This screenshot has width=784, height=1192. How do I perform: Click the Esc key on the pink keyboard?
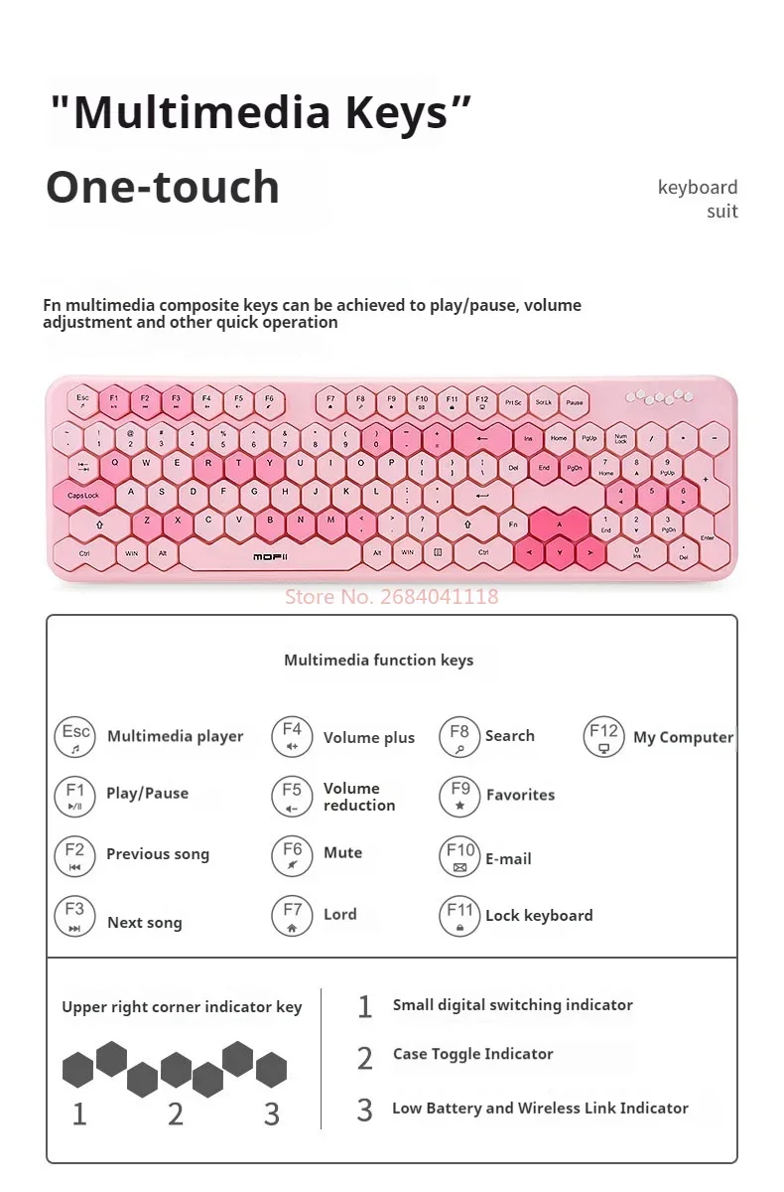click(x=83, y=400)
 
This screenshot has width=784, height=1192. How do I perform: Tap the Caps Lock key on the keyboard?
click(x=83, y=494)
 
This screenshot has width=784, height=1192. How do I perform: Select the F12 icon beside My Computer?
click(x=603, y=736)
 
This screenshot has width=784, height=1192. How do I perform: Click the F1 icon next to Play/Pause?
click(x=75, y=796)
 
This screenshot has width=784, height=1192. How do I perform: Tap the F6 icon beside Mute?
click(x=292, y=855)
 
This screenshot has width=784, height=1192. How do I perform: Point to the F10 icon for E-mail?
click(x=459, y=857)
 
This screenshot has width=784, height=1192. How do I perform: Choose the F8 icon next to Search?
click(x=459, y=737)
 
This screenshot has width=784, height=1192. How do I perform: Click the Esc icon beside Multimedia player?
click(x=75, y=736)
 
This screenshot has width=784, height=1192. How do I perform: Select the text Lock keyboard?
click(x=539, y=916)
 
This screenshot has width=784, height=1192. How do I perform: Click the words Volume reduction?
click(x=358, y=797)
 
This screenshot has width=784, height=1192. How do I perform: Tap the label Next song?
click(x=145, y=923)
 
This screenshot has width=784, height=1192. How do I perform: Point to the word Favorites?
click(x=520, y=795)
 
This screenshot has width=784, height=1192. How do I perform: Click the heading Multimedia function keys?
click(x=378, y=660)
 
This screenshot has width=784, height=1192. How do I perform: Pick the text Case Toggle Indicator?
click(x=472, y=1054)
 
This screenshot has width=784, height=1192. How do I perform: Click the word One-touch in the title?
click(x=163, y=187)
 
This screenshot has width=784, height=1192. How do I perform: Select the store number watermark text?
click(x=391, y=597)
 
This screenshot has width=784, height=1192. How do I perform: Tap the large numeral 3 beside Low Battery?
click(x=364, y=1110)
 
